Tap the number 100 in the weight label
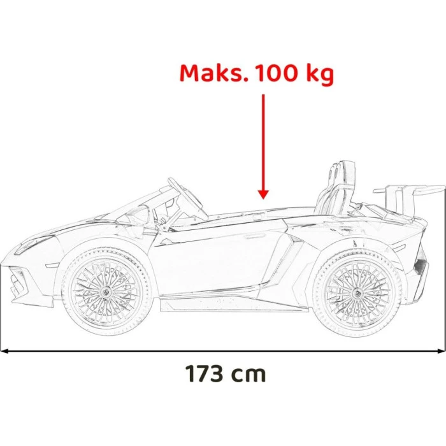[x=277, y=73]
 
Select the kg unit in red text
[x=319, y=75]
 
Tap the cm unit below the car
[x=249, y=374]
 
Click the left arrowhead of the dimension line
[x=4, y=350]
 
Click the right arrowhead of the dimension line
[x=442, y=350]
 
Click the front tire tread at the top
[x=105, y=250]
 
